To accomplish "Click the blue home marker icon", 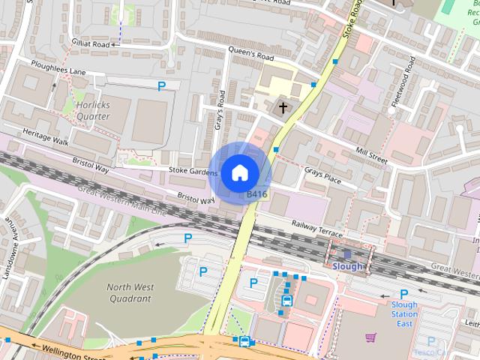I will tap(239, 172).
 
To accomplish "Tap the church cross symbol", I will tap(283, 108).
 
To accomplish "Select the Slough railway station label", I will tap(347, 266).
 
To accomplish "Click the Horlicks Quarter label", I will tap(92, 111).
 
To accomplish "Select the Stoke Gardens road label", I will tap(192, 172).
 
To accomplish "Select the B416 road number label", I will tap(257, 194).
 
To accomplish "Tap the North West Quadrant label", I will tap(128, 292).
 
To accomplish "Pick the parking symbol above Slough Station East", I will tap(403, 294).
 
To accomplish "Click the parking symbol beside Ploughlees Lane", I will tap(162, 87).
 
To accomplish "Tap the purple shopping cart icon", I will tap(370, 337).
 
